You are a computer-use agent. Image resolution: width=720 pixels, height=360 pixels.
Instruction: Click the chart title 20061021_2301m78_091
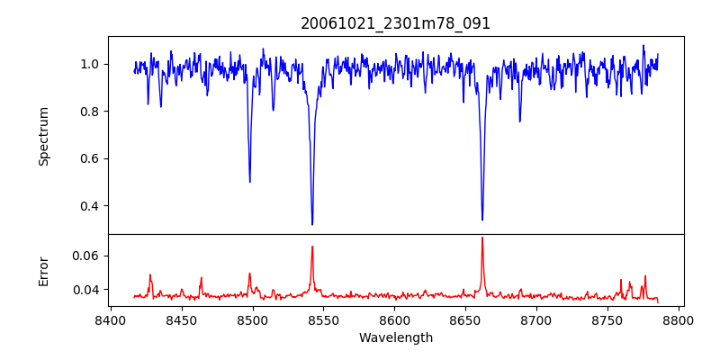(x=396, y=23)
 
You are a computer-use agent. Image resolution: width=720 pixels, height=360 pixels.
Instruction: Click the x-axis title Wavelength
(x=396, y=338)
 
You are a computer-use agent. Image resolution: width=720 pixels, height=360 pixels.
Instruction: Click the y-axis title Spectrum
(x=44, y=136)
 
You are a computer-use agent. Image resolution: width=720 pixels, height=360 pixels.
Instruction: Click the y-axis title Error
(x=44, y=271)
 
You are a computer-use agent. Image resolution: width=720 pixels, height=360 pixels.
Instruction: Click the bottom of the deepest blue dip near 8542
(x=312, y=224)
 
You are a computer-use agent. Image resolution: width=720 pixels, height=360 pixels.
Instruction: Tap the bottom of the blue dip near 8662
(x=482, y=220)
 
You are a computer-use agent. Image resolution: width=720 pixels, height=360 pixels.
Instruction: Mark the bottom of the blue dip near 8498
(x=250, y=182)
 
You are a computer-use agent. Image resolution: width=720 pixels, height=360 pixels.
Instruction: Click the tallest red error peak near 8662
(x=482, y=238)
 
